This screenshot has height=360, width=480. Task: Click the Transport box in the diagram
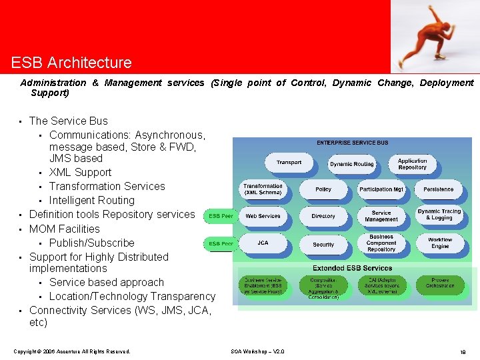(x=289, y=162)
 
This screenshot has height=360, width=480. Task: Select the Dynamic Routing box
(x=351, y=164)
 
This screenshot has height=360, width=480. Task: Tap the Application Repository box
(x=412, y=164)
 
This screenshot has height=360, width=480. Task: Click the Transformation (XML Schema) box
(x=263, y=189)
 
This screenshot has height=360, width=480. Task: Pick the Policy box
(x=323, y=189)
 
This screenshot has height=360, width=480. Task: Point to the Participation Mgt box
(x=381, y=189)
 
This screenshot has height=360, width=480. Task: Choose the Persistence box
(x=438, y=189)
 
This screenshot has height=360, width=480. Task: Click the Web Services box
(x=263, y=216)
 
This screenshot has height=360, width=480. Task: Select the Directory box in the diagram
(x=323, y=216)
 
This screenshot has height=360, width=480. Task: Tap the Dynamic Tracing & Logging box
(x=439, y=215)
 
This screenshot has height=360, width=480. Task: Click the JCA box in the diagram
(x=263, y=243)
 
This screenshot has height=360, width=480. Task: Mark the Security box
(x=323, y=245)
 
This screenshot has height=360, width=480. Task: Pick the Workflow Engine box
(x=439, y=243)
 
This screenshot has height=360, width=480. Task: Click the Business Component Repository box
(x=381, y=243)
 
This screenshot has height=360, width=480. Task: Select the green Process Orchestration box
(x=440, y=283)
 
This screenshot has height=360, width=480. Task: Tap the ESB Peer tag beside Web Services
(x=221, y=216)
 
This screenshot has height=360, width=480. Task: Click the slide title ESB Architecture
(x=71, y=63)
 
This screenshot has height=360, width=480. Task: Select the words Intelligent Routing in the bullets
(x=92, y=200)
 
